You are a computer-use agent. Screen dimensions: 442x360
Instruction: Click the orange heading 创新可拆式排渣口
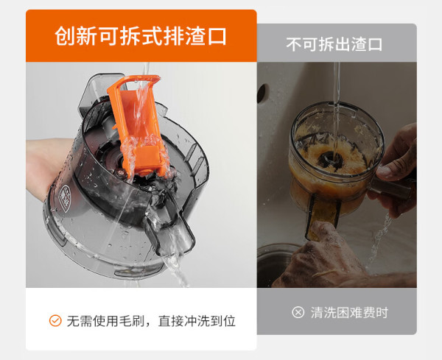pos(141,36)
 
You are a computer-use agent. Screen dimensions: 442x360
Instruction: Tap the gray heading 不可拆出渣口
pos(334,44)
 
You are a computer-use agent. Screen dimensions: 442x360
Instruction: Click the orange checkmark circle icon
pos(55,320)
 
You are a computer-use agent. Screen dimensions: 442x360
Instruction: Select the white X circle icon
pos(298,312)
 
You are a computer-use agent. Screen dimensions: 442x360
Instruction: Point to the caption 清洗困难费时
pos(349,312)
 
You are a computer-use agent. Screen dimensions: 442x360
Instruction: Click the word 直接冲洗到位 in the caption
pos(197,321)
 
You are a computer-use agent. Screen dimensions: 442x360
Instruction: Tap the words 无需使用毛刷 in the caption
pos(105,321)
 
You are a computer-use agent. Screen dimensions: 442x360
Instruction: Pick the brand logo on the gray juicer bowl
pos(65,199)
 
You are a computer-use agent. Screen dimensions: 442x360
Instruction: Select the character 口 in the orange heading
pos(217,36)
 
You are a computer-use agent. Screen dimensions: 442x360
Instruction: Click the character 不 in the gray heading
pos(294,44)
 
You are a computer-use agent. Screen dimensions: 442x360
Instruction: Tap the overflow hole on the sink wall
pos(262,93)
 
